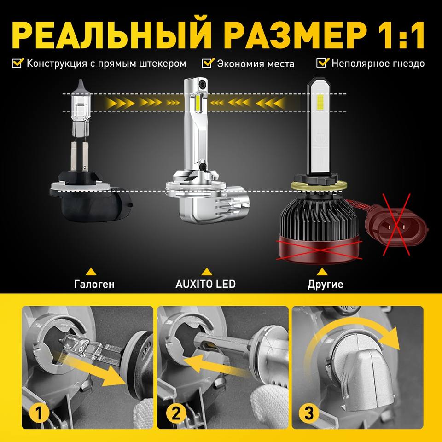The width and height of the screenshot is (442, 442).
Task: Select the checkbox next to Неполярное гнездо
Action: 322,63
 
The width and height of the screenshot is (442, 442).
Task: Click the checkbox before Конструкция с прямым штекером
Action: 18,63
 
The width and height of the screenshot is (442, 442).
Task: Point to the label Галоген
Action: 94,284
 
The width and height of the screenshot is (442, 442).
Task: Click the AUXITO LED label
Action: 205,284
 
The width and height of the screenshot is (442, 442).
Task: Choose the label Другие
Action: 325,284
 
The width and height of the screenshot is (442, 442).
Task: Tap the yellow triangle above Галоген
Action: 91,271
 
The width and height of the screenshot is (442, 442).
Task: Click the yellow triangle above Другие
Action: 322,271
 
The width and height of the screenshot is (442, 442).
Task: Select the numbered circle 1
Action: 39,414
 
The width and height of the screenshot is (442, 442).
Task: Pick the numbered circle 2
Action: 176,414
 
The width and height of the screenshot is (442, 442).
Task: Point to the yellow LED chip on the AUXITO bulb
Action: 198,101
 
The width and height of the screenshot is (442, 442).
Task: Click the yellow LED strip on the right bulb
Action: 320,102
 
